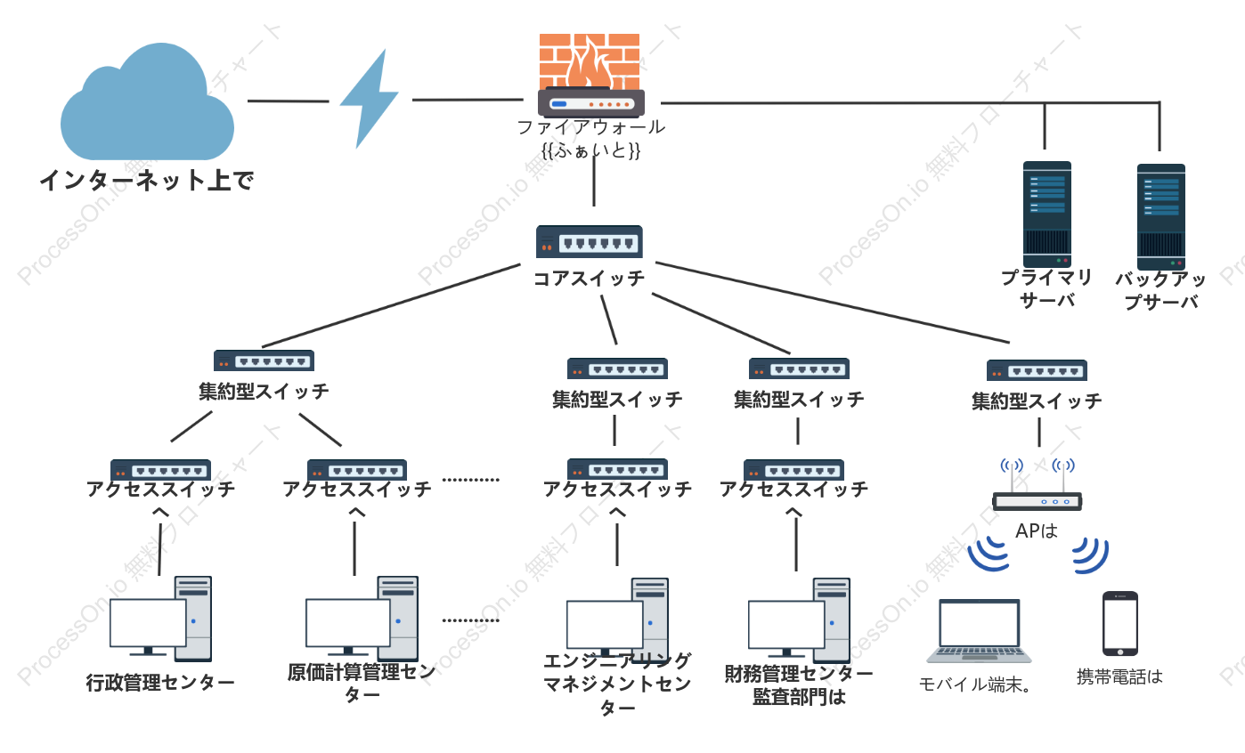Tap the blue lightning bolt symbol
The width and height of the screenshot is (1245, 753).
click(x=370, y=99)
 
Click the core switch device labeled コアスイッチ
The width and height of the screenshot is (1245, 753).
click(x=590, y=241)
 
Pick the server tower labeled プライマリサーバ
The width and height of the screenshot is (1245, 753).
click(x=1047, y=215)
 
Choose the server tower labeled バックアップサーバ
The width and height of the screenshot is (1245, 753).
click(x=1161, y=216)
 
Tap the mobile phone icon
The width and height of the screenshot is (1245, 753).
click(x=1120, y=623)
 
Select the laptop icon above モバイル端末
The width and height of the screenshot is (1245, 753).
click(x=979, y=631)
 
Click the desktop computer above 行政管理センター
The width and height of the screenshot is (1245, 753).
click(x=160, y=619)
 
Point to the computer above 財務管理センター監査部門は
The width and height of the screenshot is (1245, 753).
click(x=799, y=619)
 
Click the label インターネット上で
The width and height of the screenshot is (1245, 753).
click(x=147, y=181)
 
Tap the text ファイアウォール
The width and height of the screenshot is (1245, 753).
click(x=590, y=127)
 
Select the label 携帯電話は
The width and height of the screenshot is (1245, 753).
click(x=1119, y=676)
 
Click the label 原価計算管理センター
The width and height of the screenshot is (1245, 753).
click(x=362, y=683)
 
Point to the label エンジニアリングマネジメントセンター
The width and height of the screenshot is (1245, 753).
click(x=617, y=684)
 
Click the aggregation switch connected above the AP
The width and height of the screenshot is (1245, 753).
click(x=1037, y=370)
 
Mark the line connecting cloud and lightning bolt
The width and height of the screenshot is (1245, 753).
click(x=288, y=101)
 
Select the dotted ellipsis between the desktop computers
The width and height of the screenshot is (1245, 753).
click(x=471, y=620)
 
